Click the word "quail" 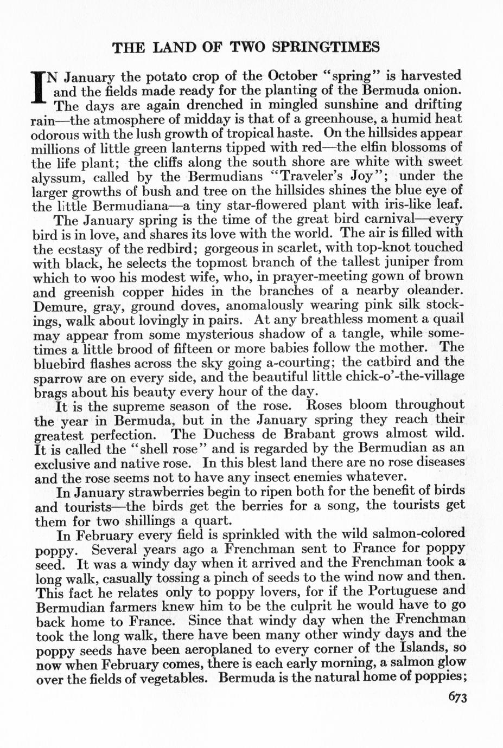tap(445, 320)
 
